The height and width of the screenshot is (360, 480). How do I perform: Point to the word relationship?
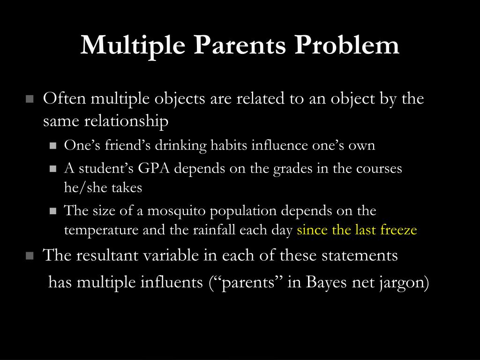pyautogui.click(x=126, y=121)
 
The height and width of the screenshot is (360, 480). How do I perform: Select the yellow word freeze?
pyautogui.click(x=399, y=230)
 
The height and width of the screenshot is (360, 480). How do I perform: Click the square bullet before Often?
pyautogui.click(x=30, y=99)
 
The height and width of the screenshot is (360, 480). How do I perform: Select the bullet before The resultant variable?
pyautogui.click(x=30, y=256)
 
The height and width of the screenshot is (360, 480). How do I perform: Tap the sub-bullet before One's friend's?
pyautogui.click(x=53, y=146)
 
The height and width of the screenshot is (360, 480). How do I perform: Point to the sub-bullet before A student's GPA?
pyautogui.click(x=53, y=169)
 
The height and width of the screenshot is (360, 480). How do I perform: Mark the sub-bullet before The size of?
pyautogui.click(x=53, y=211)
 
